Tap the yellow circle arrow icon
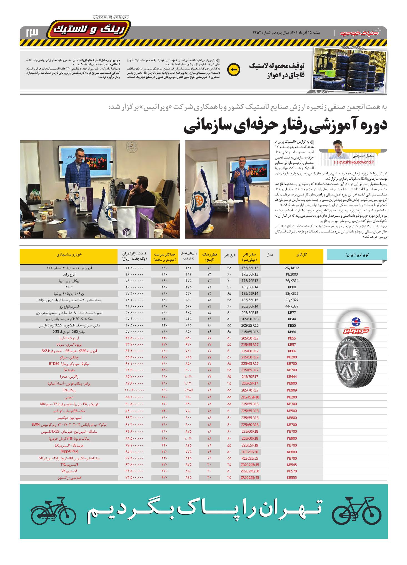[234, 70]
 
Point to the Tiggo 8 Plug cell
[71, 452]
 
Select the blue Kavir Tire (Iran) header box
[357, 254]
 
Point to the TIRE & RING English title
[111, 17]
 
